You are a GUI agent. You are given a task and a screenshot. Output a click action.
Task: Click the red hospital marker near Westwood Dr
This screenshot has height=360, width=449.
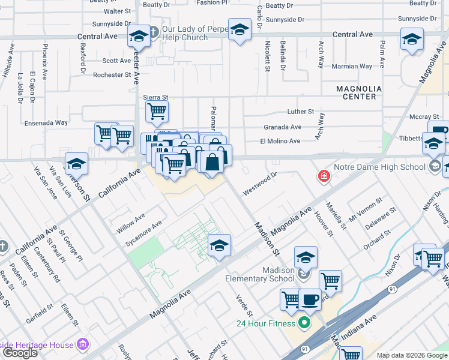pyautogui.click(x=324, y=176)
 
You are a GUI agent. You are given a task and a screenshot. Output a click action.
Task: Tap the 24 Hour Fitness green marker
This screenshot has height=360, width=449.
pyautogui.click(x=304, y=323)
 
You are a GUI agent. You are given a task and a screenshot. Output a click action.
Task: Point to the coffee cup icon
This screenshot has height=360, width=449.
pyautogui.click(x=310, y=298)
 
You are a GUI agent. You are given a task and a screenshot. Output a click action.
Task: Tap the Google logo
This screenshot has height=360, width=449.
pyautogui.click(x=20, y=353)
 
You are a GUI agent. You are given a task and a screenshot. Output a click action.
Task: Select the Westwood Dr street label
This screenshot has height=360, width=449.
pyautogui.click(x=259, y=184)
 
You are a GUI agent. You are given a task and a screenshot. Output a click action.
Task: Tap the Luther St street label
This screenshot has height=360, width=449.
pyautogui.click(x=301, y=112)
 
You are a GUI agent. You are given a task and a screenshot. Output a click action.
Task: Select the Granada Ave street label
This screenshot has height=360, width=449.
pyautogui.click(x=282, y=127)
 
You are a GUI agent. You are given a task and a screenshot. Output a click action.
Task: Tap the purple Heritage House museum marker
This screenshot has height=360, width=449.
pyautogui.click(x=83, y=345)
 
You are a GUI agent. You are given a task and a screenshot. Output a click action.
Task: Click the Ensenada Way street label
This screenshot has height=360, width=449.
pyautogui.click(x=46, y=122)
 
